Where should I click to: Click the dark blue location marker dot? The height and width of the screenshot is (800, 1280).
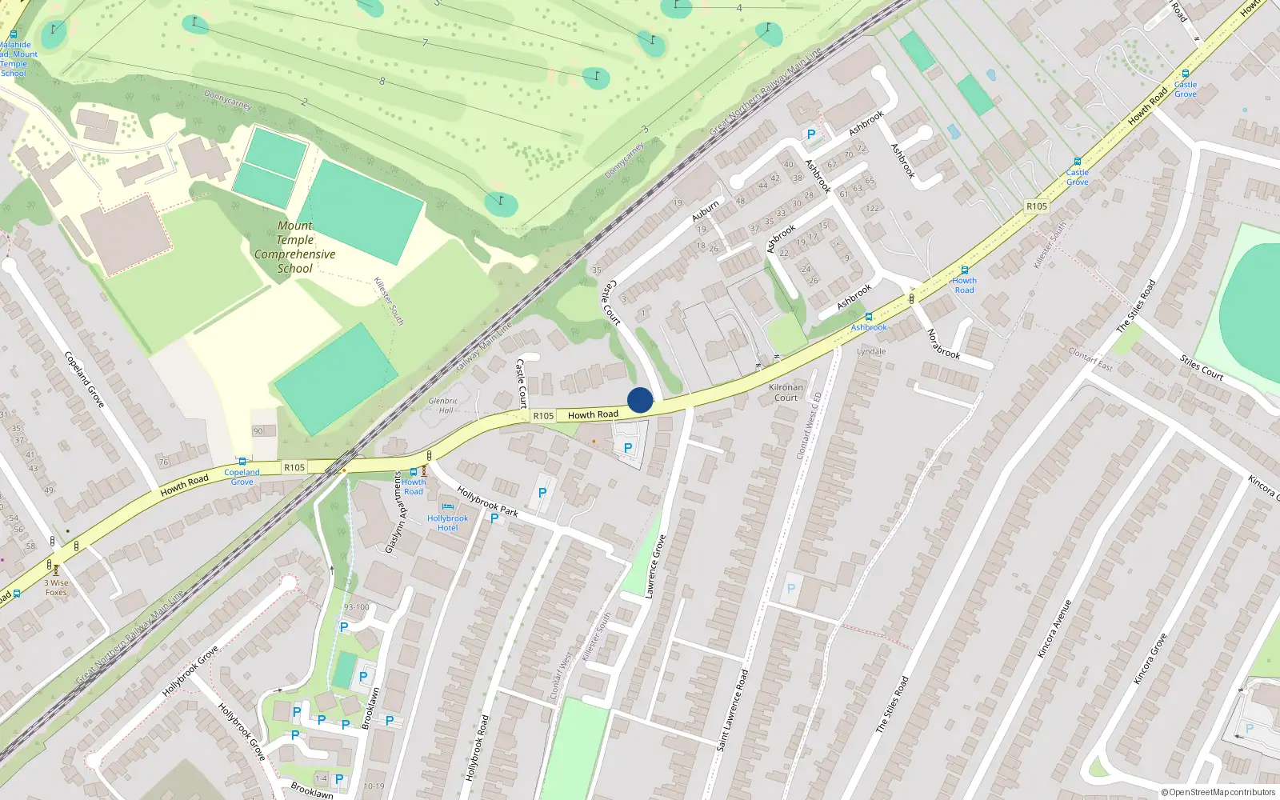(640, 400)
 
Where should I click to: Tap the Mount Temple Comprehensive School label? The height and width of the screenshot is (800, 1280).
(295, 247)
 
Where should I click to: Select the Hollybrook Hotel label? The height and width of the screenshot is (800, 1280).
(447, 523)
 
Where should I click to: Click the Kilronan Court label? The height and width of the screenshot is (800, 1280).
(786, 392)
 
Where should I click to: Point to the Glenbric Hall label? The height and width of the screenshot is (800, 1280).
(443, 406)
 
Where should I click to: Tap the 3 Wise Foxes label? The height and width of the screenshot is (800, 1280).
(56, 587)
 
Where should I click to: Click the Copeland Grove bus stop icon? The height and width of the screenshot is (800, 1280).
(242, 462)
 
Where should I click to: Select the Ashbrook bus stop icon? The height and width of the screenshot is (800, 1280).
(869, 317)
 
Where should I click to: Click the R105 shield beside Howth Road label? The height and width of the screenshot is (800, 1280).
(543, 416)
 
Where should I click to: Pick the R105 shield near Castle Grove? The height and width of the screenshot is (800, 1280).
(1037, 206)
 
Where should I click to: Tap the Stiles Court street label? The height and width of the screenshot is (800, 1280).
(1202, 367)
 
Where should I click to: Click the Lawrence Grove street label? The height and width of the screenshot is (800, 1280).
(655, 567)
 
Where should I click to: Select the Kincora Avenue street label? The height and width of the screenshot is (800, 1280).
(1054, 629)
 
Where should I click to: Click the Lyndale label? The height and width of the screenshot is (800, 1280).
(871, 351)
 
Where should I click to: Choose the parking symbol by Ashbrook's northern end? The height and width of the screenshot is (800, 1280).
(811, 134)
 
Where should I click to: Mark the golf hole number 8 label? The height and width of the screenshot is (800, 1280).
(382, 81)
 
